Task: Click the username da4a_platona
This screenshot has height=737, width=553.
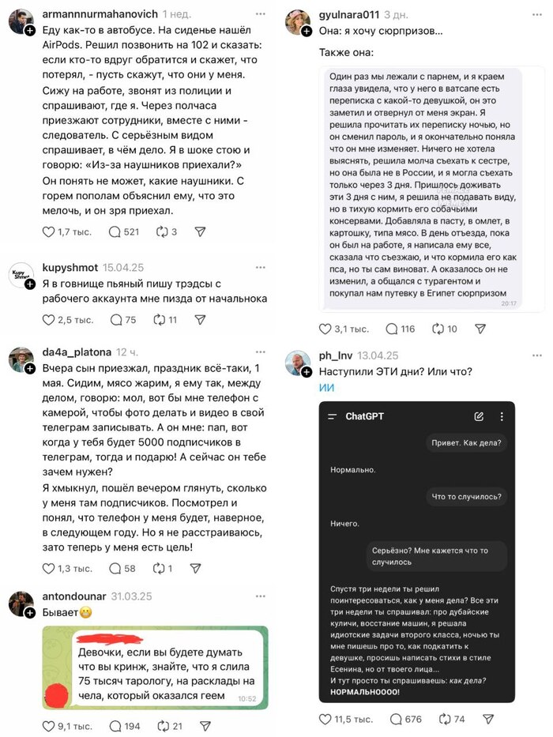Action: [x=77, y=352]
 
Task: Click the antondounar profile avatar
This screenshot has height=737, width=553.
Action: [x=21, y=604]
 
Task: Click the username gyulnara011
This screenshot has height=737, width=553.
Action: [x=350, y=14]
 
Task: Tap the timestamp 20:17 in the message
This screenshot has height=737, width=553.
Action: [x=509, y=303]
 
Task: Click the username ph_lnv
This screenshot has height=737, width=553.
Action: [x=335, y=355]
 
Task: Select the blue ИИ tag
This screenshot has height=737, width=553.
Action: [x=327, y=387]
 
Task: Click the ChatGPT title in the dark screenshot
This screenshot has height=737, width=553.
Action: [x=364, y=416]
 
